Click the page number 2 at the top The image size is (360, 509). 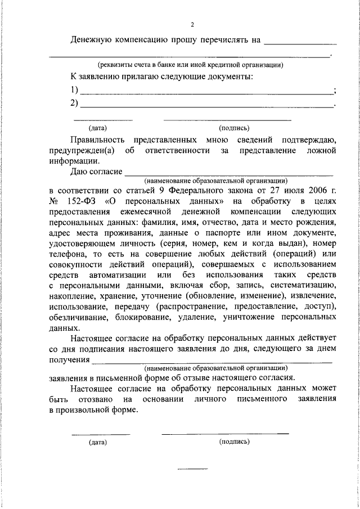coord(192,25)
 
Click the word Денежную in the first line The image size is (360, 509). coord(93,40)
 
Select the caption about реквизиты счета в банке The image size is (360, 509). coord(190,65)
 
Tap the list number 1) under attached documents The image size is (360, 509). coord(74,90)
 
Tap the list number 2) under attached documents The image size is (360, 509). coord(74,103)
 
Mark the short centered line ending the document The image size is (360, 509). coord(193,468)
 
